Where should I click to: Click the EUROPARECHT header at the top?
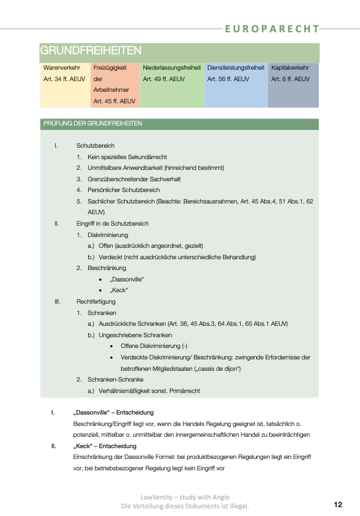(x=272, y=29)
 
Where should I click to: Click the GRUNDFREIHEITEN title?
(x=90, y=51)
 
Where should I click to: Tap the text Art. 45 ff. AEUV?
(x=114, y=101)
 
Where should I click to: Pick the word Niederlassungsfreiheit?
(x=172, y=67)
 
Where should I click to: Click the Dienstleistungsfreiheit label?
(x=236, y=67)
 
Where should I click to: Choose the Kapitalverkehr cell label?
(x=290, y=67)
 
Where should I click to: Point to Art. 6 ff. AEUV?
(x=290, y=79)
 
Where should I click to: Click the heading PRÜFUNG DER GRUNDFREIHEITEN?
(x=93, y=124)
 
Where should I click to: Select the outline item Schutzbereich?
(x=95, y=146)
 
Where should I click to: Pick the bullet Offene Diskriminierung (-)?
(x=154, y=346)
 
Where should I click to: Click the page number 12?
(x=338, y=505)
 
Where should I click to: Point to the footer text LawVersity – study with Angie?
(x=184, y=498)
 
